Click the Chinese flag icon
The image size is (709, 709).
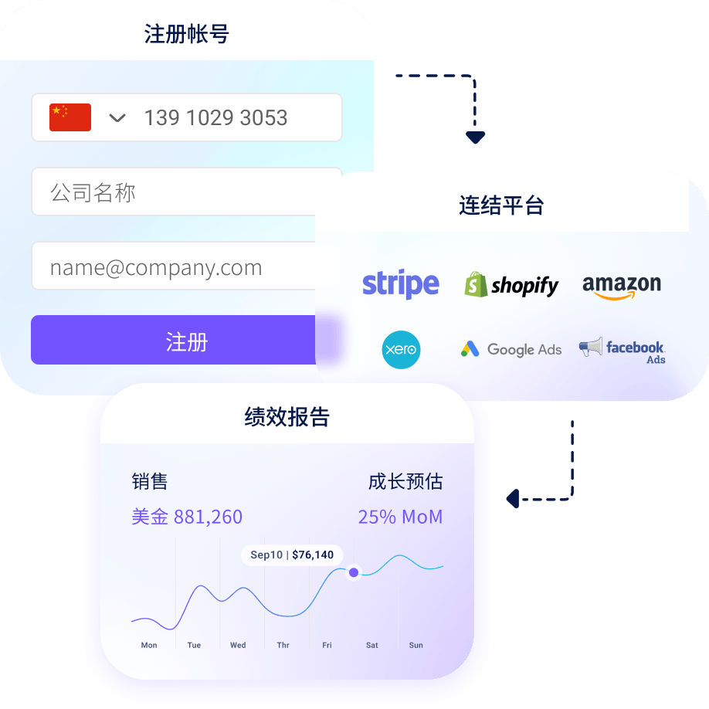(x=70, y=117)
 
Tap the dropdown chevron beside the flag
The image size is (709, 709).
(x=117, y=118)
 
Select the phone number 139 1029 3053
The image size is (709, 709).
(x=215, y=118)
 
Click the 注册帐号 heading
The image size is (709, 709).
(x=186, y=34)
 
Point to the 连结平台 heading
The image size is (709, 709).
(x=501, y=205)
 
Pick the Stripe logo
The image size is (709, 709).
(x=401, y=284)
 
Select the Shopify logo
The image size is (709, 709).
(x=511, y=285)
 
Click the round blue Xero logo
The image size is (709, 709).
(x=402, y=350)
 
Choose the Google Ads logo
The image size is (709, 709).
(x=511, y=350)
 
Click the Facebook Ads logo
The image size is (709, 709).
(x=622, y=349)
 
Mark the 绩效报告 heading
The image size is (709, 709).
(x=287, y=417)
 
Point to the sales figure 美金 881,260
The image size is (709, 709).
(x=187, y=517)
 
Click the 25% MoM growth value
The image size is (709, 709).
(x=400, y=517)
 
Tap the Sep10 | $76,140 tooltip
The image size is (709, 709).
(x=292, y=555)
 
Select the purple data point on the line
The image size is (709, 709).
(x=354, y=572)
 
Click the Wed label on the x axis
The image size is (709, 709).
(x=238, y=645)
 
